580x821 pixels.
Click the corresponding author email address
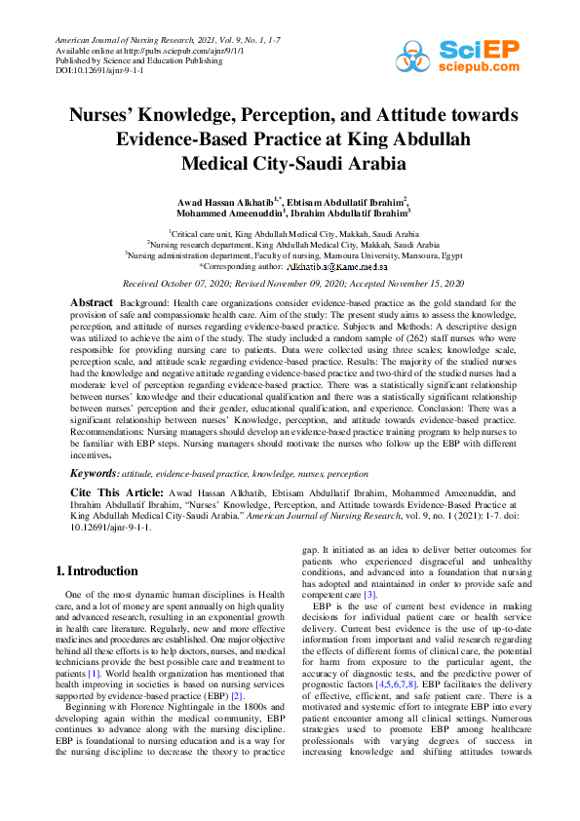coord(337,266)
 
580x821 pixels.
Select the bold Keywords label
coord(99,473)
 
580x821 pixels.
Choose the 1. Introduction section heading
coord(97,571)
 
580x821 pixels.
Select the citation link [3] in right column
coord(369,594)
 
